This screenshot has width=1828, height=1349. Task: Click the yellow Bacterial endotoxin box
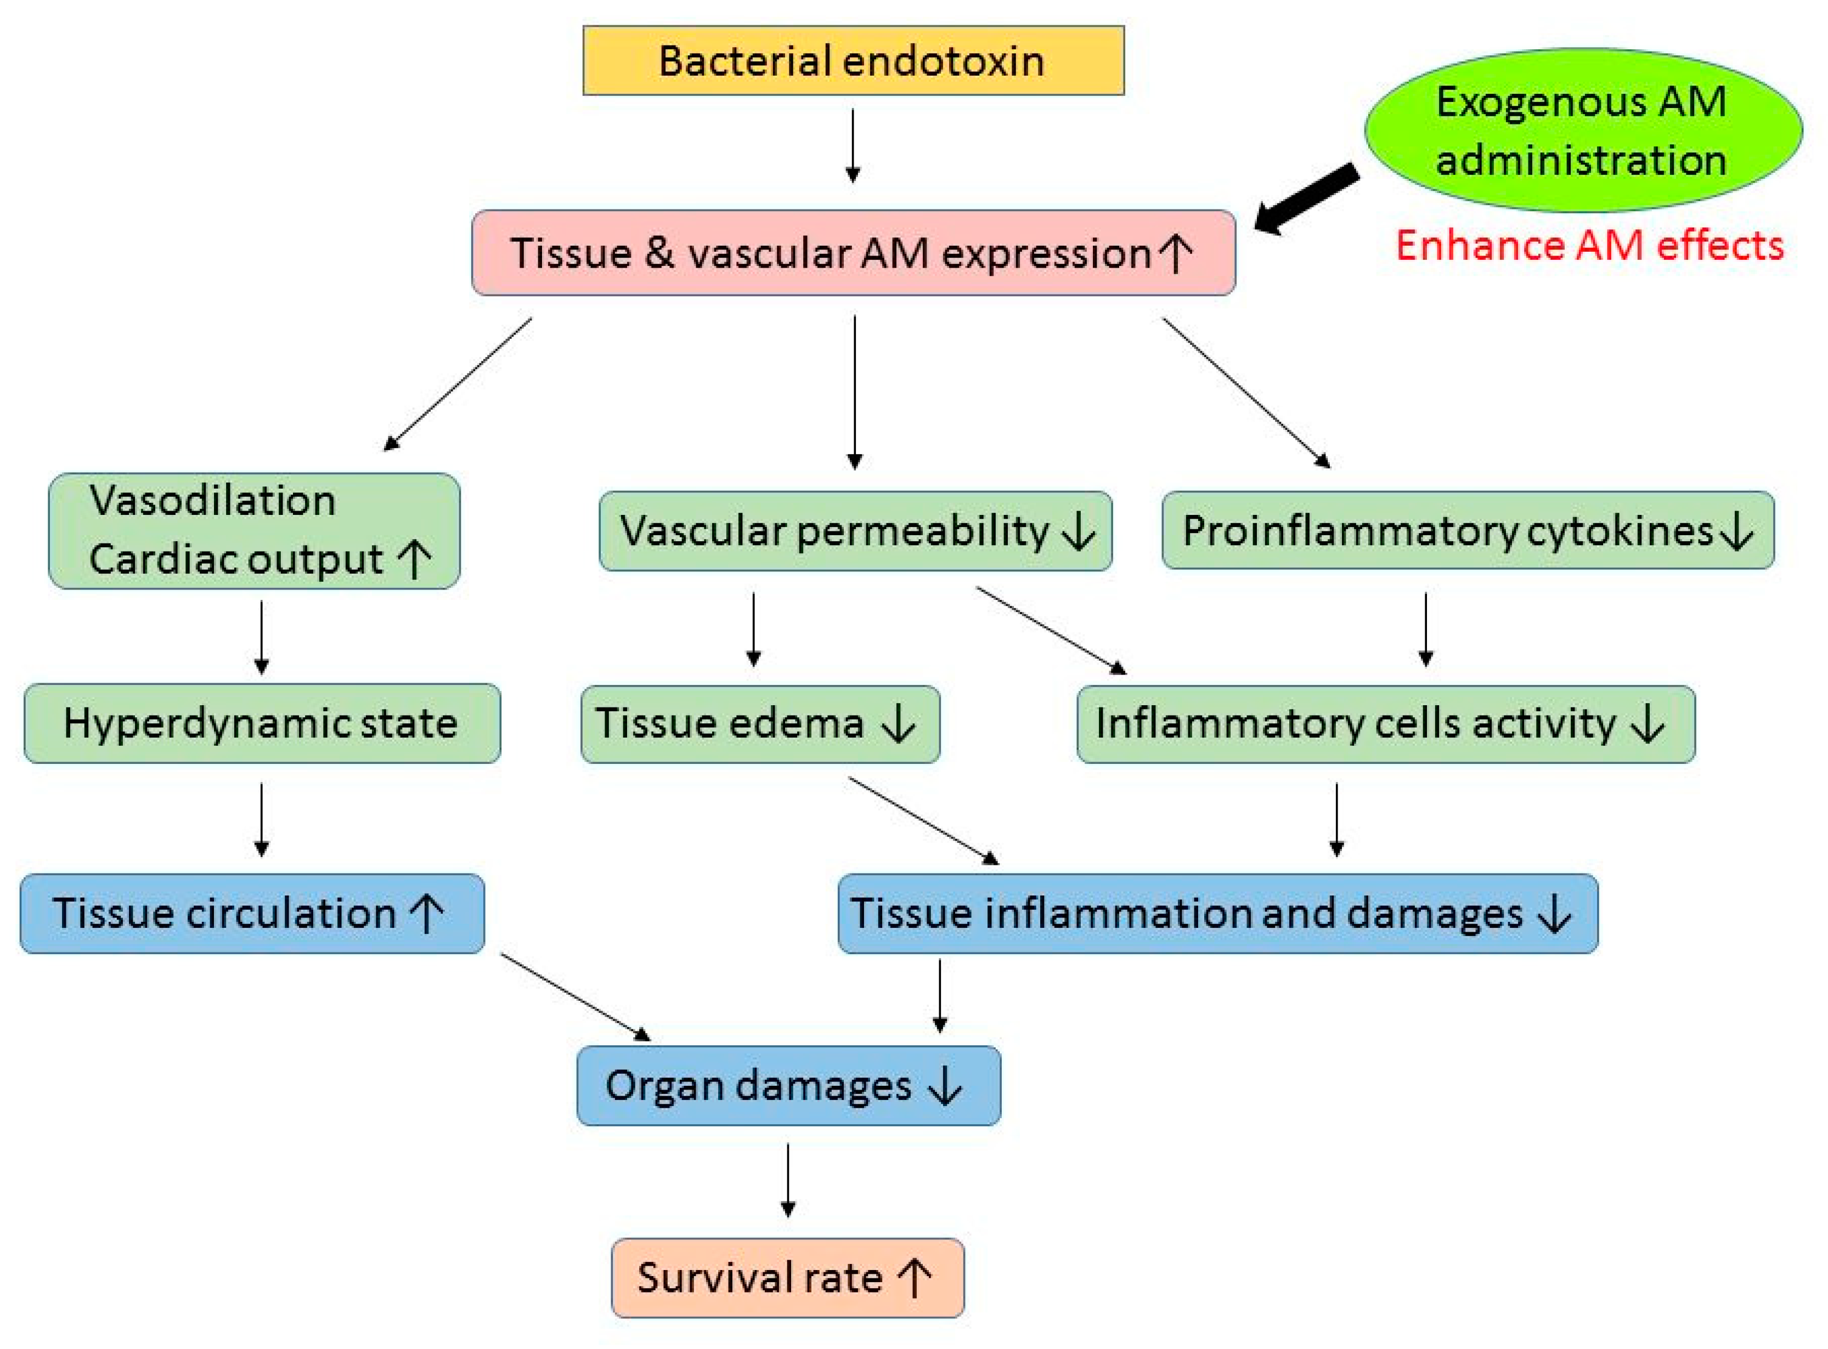point(853,60)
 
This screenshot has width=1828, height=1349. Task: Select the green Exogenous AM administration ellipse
point(1582,130)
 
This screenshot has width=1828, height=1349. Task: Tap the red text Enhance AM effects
point(1589,245)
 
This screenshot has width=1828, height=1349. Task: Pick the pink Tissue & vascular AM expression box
point(853,252)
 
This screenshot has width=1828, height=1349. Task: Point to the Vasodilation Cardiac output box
point(254,531)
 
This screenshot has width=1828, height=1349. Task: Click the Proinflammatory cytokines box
point(1467,531)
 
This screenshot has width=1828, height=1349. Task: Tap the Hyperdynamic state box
point(261,723)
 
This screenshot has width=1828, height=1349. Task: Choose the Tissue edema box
point(760,723)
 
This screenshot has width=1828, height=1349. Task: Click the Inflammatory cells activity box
point(1385,723)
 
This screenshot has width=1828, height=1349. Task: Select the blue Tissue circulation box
point(252,913)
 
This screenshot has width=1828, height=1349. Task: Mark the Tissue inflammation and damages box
point(1217,913)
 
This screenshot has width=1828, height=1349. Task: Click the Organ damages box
point(788,1085)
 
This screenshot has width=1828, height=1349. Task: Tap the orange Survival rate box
point(787,1277)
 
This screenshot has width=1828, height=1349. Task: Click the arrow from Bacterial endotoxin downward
point(853,145)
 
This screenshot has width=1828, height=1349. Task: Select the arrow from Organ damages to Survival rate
point(788,1180)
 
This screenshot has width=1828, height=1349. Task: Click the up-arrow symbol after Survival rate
point(914,1278)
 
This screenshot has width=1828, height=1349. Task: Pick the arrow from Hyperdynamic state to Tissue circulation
point(261,819)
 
